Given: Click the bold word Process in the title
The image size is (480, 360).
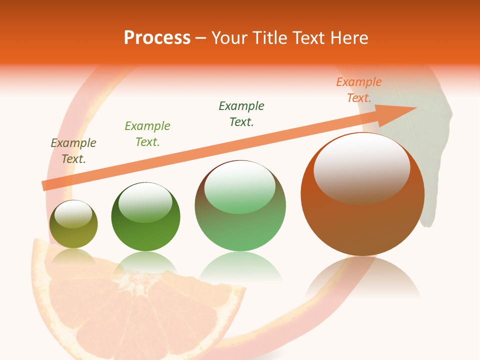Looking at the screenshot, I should pyautogui.click(x=157, y=38).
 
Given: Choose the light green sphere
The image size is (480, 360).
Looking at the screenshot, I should pyautogui.click(x=240, y=220).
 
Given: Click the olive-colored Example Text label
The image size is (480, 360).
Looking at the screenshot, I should pyautogui.click(x=73, y=151).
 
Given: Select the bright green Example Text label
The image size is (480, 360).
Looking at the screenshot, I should pyautogui.click(x=147, y=134).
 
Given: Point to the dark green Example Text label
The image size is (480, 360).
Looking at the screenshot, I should pyautogui.click(x=241, y=114).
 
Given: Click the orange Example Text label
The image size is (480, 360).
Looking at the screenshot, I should pyautogui.click(x=359, y=90).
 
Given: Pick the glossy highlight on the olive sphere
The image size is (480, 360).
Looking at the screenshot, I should pyautogui.click(x=73, y=214).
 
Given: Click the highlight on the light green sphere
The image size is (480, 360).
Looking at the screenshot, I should pyautogui.click(x=240, y=186).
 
